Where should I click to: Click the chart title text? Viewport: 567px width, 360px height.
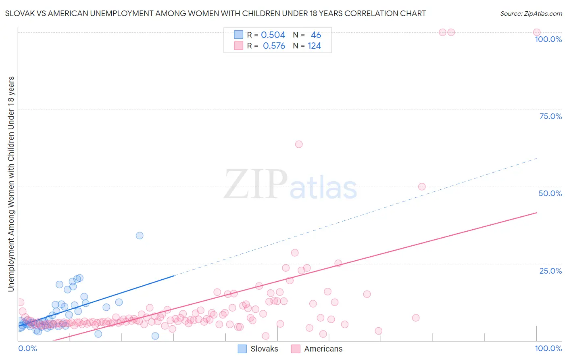coord(215,13)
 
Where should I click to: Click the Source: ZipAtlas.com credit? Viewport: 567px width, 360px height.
coord(531,13)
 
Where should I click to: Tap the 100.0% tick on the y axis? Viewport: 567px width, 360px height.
coord(548,39)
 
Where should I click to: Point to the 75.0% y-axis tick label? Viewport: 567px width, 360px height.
coord(550,116)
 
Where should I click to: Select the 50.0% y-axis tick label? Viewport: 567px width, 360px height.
coord(550,193)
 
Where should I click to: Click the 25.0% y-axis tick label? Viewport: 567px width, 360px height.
coord(550,271)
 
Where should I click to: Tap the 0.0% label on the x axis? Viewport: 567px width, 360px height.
coord(27,348)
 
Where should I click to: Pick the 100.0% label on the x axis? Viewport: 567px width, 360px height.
coord(548,348)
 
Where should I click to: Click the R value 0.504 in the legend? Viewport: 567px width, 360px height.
coord(273,35)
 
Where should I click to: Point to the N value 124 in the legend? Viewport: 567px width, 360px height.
coord(314,46)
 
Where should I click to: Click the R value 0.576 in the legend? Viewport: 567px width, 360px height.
coord(274,46)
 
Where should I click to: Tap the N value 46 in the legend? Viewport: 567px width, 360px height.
coord(316,35)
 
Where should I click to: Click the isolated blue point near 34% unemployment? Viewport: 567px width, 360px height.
coord(140,236)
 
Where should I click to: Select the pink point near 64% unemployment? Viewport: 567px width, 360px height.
coord(299,144)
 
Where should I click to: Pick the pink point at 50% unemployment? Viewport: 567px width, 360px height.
coord(422,186)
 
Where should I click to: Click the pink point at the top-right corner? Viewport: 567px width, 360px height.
coord(537,32)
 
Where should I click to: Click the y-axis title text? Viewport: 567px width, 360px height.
coord(11,184)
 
